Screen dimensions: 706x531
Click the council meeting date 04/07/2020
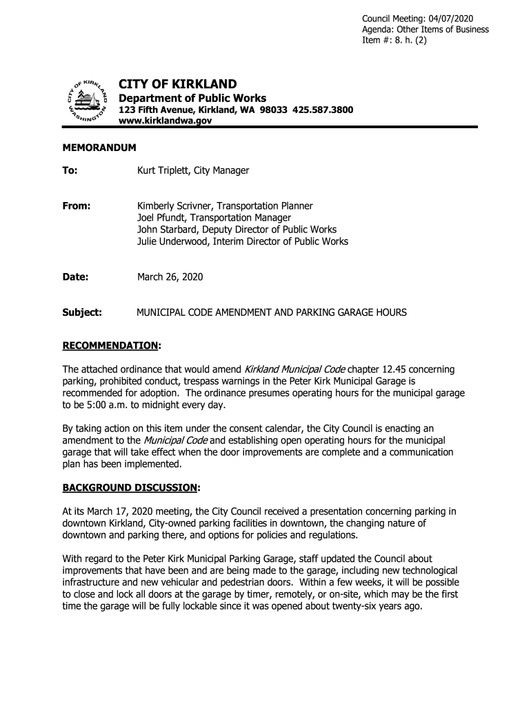coord(450,18)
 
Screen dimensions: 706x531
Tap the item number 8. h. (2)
coord(410,41)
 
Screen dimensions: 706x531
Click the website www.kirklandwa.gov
coord(166,121)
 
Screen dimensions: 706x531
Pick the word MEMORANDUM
coord(99,148)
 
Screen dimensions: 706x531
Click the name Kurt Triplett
coord(166,170)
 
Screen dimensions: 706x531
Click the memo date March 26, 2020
coord(170,277)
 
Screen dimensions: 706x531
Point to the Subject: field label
coord(83,312)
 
